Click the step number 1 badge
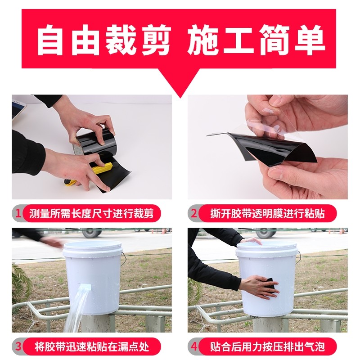[18, 212]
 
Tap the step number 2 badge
[193, 212]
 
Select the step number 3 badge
[18, 347]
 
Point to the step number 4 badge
[193, 347]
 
